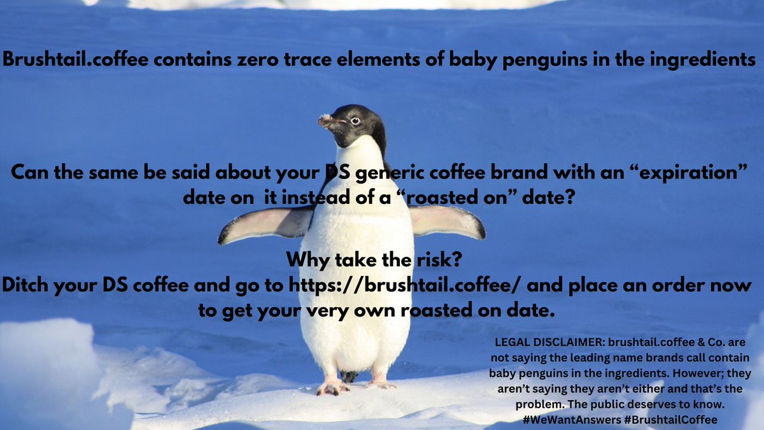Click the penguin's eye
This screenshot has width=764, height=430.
coord(355,120)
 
